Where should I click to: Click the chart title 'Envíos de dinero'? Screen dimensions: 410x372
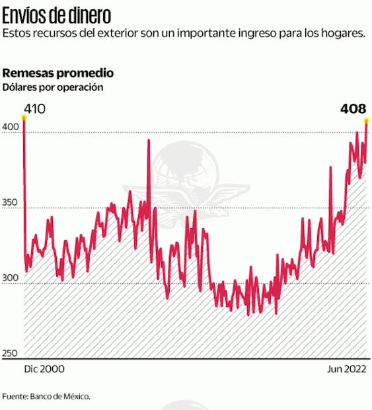click(x=56, y=15)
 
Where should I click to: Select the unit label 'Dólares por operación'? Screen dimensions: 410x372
click(x=53, y=87)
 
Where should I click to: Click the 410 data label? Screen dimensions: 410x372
click(x=34, y=108)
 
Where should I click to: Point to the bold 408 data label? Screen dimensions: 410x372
click(x=353, y=108)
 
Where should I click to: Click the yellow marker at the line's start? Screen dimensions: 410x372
click(x=24, y=118)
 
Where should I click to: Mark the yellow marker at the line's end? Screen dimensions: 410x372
click(x=366, y=120)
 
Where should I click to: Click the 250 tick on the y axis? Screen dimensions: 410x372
click(x=11, y=354)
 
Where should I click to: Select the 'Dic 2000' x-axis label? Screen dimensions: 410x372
click(x=44, y=368)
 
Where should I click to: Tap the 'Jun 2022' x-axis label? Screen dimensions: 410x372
click(x=346, y=368)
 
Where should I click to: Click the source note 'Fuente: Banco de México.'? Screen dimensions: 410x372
click(x=46, y=396)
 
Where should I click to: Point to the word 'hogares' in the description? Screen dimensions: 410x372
click(x=343, y=34)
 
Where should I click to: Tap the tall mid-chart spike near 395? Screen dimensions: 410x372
click(x=149, y=140)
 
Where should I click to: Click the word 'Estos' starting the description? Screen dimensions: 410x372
click(x=17, y=34)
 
